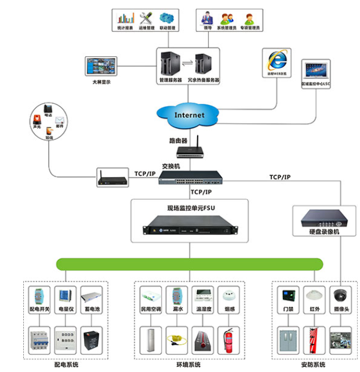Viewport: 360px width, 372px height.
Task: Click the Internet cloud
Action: tap(189, 114)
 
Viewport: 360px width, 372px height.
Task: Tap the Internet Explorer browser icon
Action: tap(277, 60)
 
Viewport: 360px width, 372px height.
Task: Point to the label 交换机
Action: tap(171, 165)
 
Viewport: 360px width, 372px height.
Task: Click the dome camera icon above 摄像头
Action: tap(340, 295)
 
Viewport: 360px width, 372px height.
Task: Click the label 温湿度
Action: tap(202, 310)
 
